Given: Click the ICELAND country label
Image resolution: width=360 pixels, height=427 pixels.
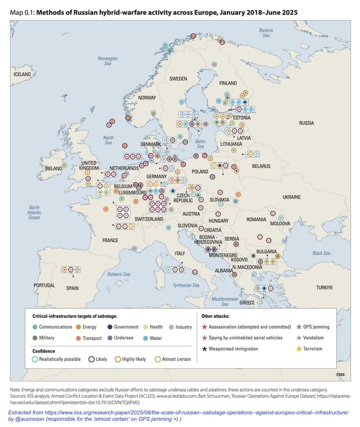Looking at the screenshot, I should (x=22, y=74).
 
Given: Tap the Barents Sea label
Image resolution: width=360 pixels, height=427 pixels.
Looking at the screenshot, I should (x=266, y=33).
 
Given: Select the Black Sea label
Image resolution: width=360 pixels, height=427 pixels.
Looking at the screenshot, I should (x=321, y=253).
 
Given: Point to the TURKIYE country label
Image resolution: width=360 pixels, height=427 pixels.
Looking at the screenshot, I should (x=324, y=287).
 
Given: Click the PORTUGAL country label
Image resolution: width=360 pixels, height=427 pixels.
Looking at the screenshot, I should (x=44, y=285).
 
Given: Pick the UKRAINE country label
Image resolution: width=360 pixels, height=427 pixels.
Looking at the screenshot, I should (x=291, y=197).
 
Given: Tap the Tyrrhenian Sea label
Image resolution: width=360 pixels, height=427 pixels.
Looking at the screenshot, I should (x=186, y=285).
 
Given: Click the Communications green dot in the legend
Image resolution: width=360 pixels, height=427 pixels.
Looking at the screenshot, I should (x=35, y=327).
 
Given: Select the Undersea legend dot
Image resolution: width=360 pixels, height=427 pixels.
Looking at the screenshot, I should (x=110, y=338).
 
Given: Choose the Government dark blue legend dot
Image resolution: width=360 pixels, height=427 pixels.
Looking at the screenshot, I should (x=110, y=327).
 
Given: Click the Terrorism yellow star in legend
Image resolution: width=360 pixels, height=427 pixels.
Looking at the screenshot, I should (x=299, y=349).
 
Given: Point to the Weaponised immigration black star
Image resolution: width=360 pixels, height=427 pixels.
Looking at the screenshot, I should (x=205, y=349).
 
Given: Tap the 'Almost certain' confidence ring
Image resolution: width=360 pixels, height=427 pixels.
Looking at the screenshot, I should (x=158, y=359).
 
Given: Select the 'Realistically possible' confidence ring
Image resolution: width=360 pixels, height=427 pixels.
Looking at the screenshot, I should (x=35, y=359).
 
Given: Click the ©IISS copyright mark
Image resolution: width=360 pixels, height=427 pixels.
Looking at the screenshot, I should (x=340, y=375).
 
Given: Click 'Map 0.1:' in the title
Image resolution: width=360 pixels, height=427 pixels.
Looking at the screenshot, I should (x=22, y=13).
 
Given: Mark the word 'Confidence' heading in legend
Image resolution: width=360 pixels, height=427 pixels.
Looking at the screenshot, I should (x=44, y=351).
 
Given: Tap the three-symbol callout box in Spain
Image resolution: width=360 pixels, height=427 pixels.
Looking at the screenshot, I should (x=71, y=270).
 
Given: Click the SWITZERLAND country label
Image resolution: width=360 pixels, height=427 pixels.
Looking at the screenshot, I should (x=149, y=219).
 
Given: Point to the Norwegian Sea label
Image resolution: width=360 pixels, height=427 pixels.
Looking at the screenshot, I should (x=107, y=61).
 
